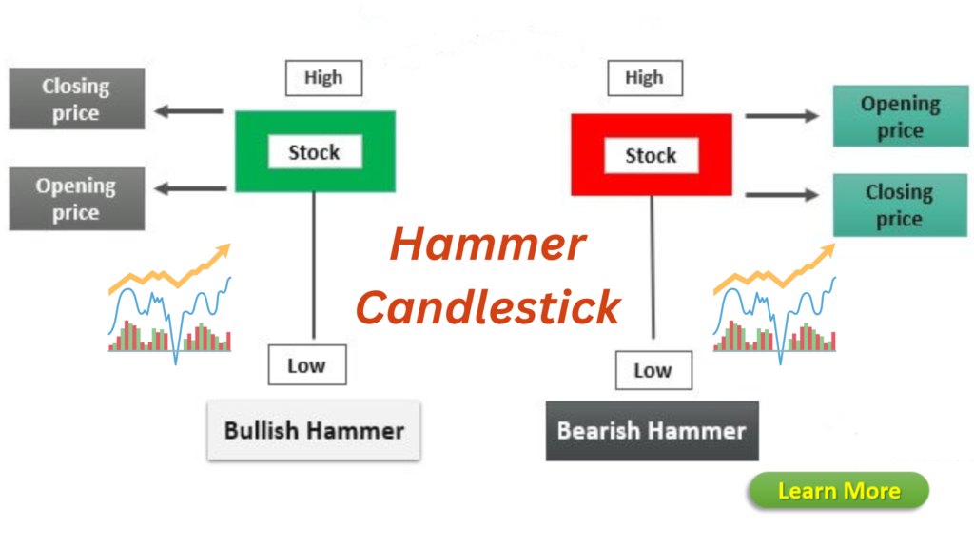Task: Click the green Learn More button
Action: [x=838, y=491]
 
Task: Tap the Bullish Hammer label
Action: [x=314, y=430]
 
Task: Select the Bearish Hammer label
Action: [x=652, y=431]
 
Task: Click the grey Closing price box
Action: [x=76, y=99]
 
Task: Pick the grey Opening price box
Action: [x=76, y=199]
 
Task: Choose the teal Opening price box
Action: [x=900, y=117]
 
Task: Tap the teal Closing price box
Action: [x=900, y=205]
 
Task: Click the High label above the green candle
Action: [x=323, y=78]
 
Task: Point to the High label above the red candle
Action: [x=644, y=78]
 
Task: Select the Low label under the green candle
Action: [x=306, y=365]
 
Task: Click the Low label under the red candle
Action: [x=653, y=370]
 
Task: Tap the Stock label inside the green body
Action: [x=314, y=152]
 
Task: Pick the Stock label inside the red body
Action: [x=651, y=156]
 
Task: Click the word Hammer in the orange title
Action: [x=487, y=246]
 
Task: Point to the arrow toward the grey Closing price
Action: [x=189, y=112]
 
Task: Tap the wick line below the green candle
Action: [x=314, y=266]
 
